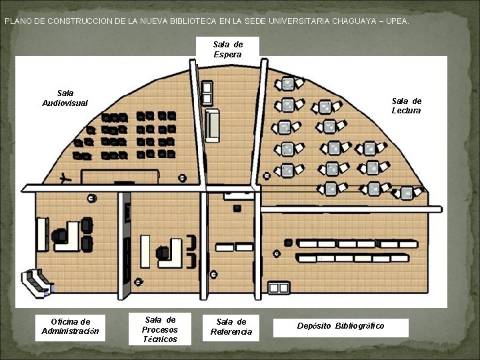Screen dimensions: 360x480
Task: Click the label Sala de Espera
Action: click(228, 49)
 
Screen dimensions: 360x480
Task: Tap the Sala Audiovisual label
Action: click(65, 98)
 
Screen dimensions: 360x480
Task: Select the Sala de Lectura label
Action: click(407, 106)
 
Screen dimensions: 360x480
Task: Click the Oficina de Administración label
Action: click(71, 326)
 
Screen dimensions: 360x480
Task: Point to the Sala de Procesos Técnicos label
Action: click(160, 329)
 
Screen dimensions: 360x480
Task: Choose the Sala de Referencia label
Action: click(231, 327)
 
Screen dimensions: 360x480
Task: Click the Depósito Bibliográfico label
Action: click(341, 325)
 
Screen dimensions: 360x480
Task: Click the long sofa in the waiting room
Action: click(213, 125)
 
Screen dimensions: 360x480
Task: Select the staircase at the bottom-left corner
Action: click(37, 282)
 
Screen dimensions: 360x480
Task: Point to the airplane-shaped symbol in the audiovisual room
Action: click(65, 178)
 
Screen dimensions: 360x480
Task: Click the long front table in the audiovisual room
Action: click(121, 177)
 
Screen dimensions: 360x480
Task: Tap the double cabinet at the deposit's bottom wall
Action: click(279, 288)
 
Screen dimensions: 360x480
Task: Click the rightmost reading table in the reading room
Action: click(407, 193)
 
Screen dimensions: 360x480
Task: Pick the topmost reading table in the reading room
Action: click(288, 84)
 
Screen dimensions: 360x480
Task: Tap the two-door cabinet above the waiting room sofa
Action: click(207, 93)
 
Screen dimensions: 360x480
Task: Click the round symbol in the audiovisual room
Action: click(183, 177)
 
